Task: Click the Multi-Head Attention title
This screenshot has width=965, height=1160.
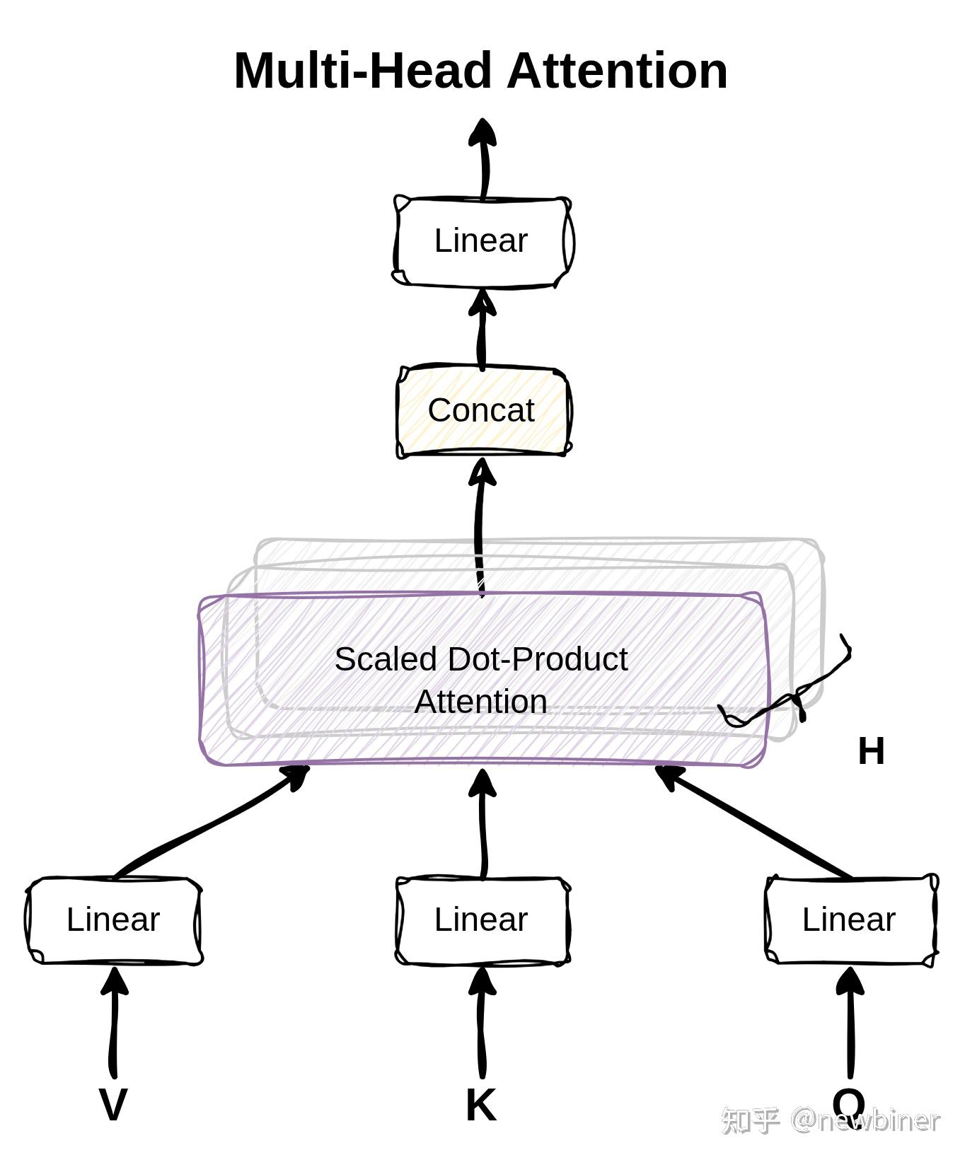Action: click(x=481, y=71)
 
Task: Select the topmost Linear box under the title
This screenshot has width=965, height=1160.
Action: click(x=482, y=242)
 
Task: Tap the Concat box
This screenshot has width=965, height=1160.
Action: click(x=483, y=412)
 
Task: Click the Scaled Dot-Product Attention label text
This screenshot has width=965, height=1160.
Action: click(x=481, y=680)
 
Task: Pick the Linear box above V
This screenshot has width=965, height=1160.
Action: click(x=115, y=920)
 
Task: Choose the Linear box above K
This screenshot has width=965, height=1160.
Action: click(x=482, y=920)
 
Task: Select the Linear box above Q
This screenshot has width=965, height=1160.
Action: click(x=852, y=920)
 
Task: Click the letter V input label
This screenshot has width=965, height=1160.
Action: click(x=113, y=1104)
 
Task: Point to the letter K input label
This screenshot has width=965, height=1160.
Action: click(x=481, y=1104)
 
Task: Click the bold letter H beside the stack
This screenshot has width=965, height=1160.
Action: click(x=871, y=750)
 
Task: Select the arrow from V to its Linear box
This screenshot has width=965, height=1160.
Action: click(x=114, y=1023)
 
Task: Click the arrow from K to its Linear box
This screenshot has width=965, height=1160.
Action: click(x=482, y=1023)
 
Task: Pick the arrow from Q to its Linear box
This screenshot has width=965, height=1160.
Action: click(x=850, y=1023)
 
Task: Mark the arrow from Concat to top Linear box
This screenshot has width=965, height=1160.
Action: click(x=482, y=330)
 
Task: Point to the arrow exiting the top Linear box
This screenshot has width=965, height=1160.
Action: click(x=483, y=158)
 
